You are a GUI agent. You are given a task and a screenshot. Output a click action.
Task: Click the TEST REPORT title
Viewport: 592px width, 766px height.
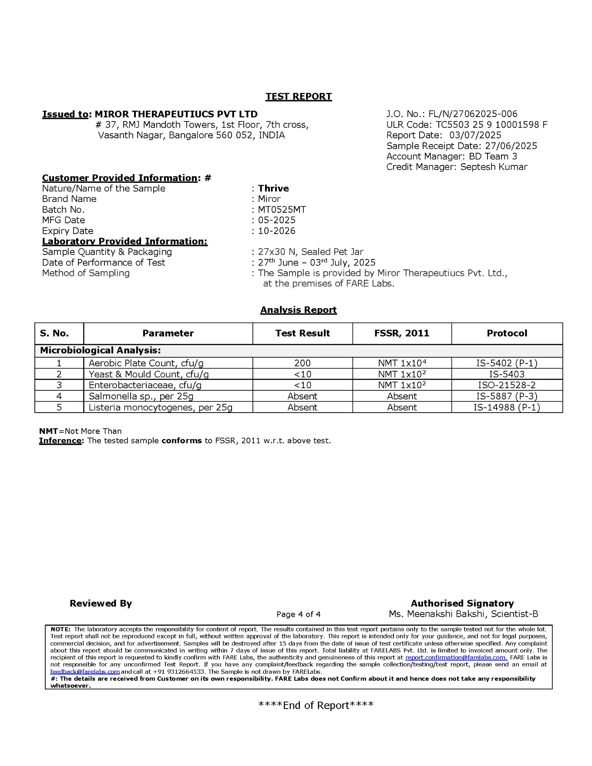[x=299, y=97]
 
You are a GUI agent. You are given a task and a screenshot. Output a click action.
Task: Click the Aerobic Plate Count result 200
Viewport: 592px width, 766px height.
[x=302, y=363]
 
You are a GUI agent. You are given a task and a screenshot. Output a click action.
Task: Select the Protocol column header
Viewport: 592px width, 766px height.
[x=507, y=333]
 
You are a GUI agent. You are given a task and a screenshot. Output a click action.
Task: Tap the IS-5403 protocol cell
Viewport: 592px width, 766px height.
[x=507, y=374]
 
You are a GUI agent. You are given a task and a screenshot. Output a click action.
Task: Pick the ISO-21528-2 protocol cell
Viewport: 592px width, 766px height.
[x=507, y=385]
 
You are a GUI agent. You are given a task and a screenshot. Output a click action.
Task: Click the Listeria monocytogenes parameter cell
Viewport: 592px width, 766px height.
[x=160, y=407]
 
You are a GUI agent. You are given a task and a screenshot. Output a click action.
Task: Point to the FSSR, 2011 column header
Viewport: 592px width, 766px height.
[x=401, y=333]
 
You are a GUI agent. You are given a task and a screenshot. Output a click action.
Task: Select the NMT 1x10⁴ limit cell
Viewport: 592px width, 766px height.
[x=402, y=363]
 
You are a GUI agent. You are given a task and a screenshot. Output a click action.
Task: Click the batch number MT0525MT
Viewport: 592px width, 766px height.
[x=282, y=210]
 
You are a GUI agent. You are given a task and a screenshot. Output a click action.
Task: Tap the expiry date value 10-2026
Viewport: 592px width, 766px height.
[x=276, y=231]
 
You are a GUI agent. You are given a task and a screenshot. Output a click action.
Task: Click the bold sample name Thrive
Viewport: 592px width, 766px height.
[x=273, y=188]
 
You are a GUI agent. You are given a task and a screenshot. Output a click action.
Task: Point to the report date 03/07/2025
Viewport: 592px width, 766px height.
[x=475, y=135]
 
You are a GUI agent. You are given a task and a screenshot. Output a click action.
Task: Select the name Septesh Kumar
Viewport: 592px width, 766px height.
[x=494, y=167]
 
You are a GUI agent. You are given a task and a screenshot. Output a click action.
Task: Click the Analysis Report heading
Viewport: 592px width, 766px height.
[x=298, y=310]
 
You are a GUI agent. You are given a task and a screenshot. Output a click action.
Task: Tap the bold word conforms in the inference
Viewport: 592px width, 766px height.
[x=181, y=440]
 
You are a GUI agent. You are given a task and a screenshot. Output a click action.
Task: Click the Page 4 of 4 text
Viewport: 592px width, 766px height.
[x=298, y=614]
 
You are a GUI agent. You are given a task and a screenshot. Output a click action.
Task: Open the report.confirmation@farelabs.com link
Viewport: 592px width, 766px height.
[x=456, y=658]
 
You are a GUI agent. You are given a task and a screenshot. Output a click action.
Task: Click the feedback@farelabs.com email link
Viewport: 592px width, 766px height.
[x=85, y=672]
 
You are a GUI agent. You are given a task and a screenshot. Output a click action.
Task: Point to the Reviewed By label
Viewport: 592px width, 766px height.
[x=101, y=603]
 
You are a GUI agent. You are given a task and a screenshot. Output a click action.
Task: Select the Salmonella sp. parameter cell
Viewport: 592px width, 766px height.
[x=141, y=396]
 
